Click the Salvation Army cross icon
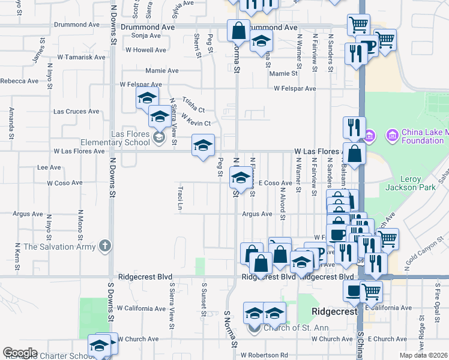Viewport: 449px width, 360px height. point(105,245)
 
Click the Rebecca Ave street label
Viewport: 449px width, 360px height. point(19,81)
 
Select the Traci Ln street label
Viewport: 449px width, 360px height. point(180,198)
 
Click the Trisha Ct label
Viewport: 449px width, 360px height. point(193,106)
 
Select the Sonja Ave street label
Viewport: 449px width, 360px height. point(146,35)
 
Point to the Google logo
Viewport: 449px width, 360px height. point(20,353)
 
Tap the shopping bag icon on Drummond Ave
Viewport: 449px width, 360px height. point(238,29)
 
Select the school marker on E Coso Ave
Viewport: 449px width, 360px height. point(241,177)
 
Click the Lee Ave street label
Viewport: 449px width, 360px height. point(49,167)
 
